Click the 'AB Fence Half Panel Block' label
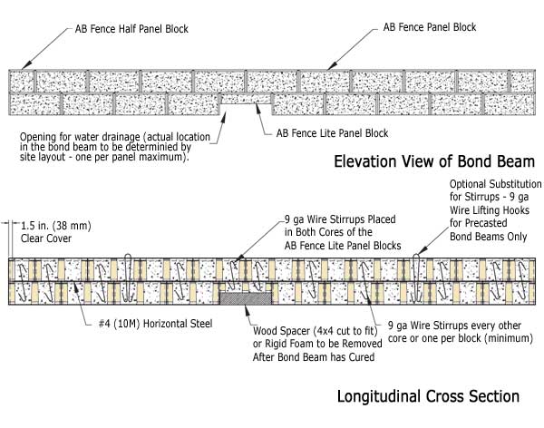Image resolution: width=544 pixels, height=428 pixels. click(131, 29)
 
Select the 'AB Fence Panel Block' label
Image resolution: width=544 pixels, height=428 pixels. click(430, 27)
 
